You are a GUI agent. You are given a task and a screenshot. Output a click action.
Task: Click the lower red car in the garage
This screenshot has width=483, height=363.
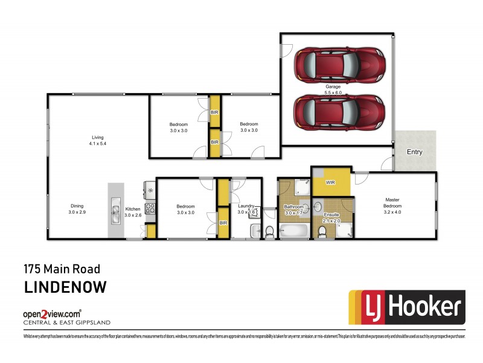(339, 114)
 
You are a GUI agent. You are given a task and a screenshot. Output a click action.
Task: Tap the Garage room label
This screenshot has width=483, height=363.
(333, 87)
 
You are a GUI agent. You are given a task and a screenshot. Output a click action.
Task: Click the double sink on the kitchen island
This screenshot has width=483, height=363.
(115, 210)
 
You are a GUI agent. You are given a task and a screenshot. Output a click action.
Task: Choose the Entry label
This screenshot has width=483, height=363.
(414, 152)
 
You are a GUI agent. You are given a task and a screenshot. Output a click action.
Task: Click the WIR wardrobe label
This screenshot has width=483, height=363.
(330, 181)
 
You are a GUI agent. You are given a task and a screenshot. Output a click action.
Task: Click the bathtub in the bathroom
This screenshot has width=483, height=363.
(294, 231)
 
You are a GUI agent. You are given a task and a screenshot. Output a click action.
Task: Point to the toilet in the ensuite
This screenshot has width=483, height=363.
(322, 232)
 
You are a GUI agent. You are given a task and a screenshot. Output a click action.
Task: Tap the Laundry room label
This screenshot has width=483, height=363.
(246, 206)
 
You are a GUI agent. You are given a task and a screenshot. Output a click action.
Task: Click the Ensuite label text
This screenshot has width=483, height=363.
(331, 215)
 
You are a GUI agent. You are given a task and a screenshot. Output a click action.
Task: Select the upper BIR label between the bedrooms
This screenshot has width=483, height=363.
(214, 113)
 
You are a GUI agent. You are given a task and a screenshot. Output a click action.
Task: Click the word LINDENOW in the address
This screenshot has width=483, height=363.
(65, 287)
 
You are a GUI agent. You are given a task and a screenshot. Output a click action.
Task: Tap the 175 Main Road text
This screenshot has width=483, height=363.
(62, 269)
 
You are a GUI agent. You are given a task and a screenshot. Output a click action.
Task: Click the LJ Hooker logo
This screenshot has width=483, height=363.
(406, 308)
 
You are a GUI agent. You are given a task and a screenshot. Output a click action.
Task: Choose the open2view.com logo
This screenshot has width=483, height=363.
(52, 315)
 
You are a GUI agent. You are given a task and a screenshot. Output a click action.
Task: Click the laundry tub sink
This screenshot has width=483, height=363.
(254, 230)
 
